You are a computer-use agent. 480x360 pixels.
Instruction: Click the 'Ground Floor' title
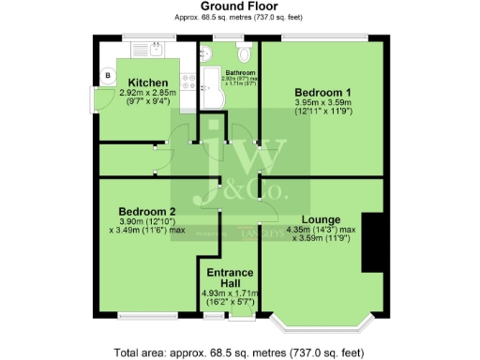tap(241, 7)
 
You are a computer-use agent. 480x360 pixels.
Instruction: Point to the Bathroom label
tap(238, 71)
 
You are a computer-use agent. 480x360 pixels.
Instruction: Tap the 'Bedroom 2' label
tap(147, 211)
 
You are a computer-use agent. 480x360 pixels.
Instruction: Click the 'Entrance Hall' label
tap(232, 277)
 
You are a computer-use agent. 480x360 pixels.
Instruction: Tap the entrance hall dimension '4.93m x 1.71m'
tap(232, 293)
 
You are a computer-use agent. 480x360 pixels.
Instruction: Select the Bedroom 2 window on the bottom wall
tap(144, 313)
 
